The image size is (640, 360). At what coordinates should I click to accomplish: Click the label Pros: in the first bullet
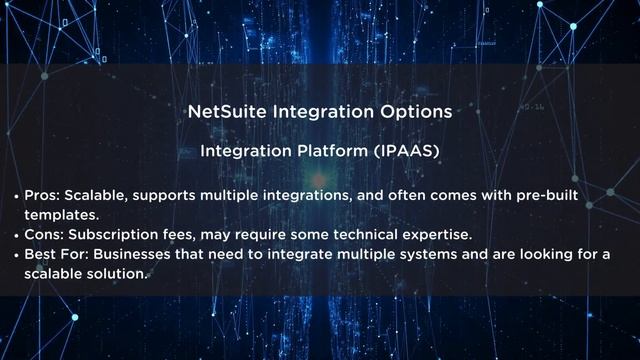(x=54, y=194)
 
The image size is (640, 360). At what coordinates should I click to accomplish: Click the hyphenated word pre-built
(x=548, y=194)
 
